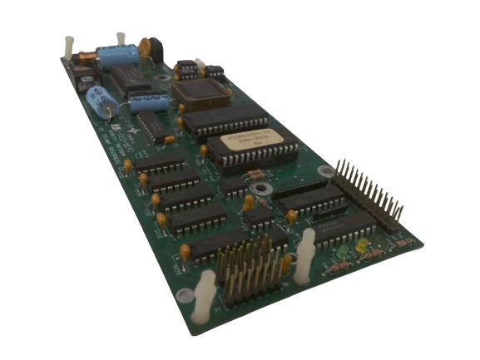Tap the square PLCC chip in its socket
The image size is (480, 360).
point(199,91)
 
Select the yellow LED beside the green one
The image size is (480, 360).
point(361,246)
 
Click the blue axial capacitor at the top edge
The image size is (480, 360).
point(117,56)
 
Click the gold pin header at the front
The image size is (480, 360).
point(248,269)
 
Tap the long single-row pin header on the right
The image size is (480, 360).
point(369,195)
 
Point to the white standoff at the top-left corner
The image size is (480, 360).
point(68,47)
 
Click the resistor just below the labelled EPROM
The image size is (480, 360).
point(257,174)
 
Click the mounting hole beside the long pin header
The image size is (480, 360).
point(325,171)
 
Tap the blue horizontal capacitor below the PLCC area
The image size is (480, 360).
point(150,103)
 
